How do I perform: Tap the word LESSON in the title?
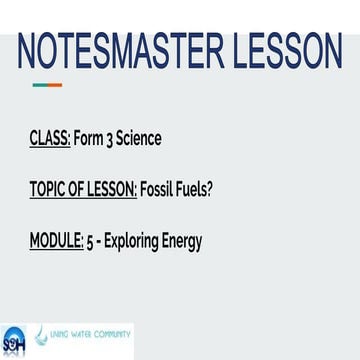click(284, 47)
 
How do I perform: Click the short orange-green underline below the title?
click(46, 84)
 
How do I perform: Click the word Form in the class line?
click(90, 137)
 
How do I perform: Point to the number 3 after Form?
click(113, 137)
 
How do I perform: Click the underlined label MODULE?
click(57, 241)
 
